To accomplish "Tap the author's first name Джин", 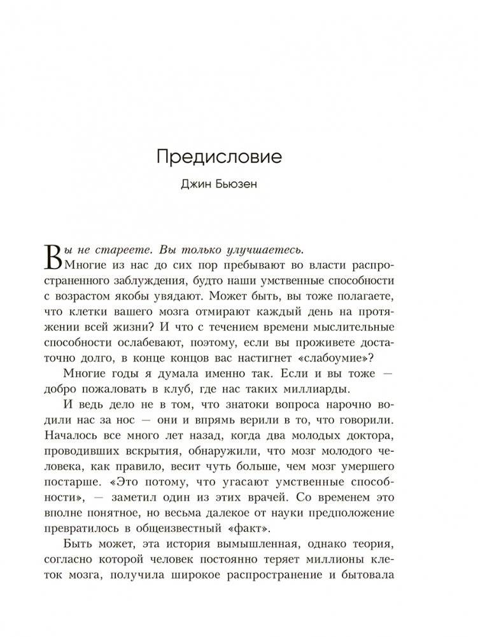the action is tap(195, 187).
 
